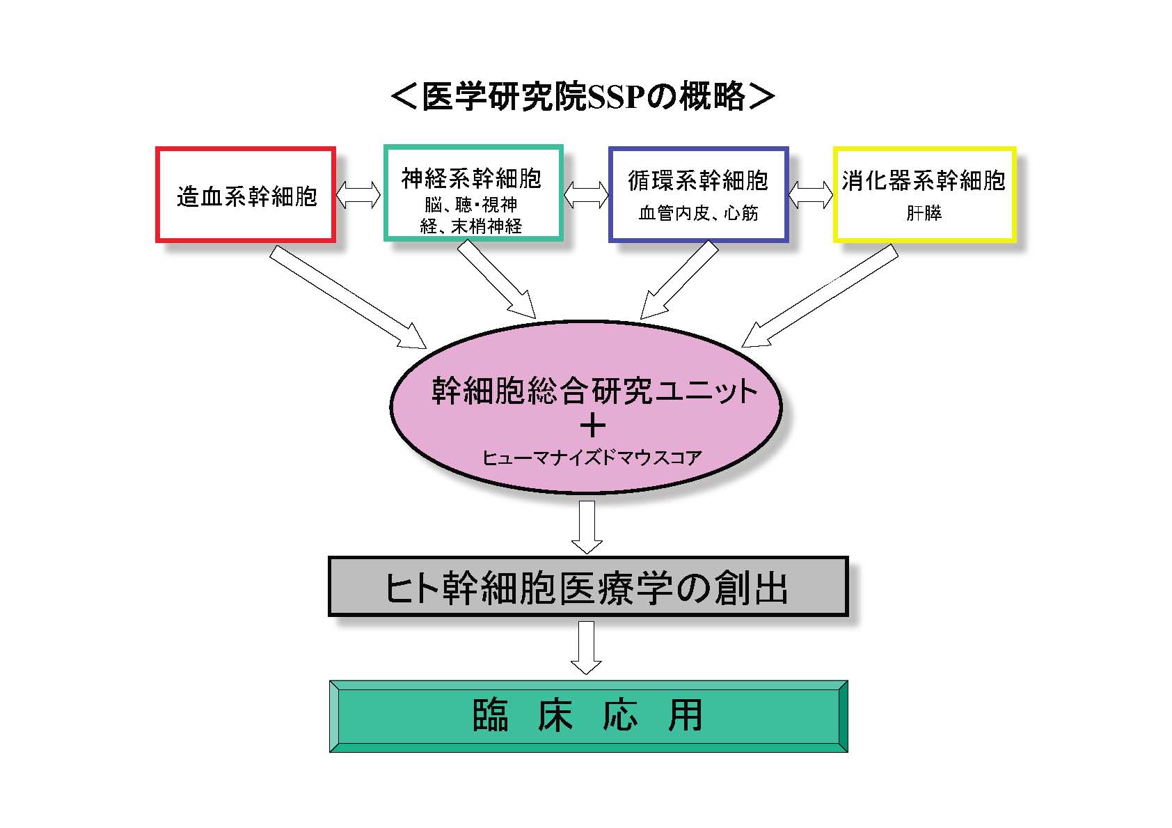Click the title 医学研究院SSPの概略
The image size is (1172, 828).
583,97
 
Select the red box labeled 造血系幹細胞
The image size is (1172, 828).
246,196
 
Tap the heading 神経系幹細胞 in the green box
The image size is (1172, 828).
471,179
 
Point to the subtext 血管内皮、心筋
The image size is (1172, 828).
698,213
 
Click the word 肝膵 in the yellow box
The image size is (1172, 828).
924,213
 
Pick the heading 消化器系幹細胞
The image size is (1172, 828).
924,181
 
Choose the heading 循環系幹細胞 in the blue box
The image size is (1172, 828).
698,181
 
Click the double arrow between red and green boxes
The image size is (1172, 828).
359,195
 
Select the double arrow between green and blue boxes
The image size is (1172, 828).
585,195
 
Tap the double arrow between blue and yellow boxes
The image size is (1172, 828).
811,195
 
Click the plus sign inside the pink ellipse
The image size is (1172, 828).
592,426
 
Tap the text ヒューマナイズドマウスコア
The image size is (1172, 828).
592,458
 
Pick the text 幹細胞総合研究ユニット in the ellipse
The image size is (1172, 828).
594,391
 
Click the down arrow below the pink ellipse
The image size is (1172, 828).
587,526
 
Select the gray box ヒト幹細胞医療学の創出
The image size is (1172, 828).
587,586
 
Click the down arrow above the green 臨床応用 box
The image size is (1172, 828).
586,647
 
